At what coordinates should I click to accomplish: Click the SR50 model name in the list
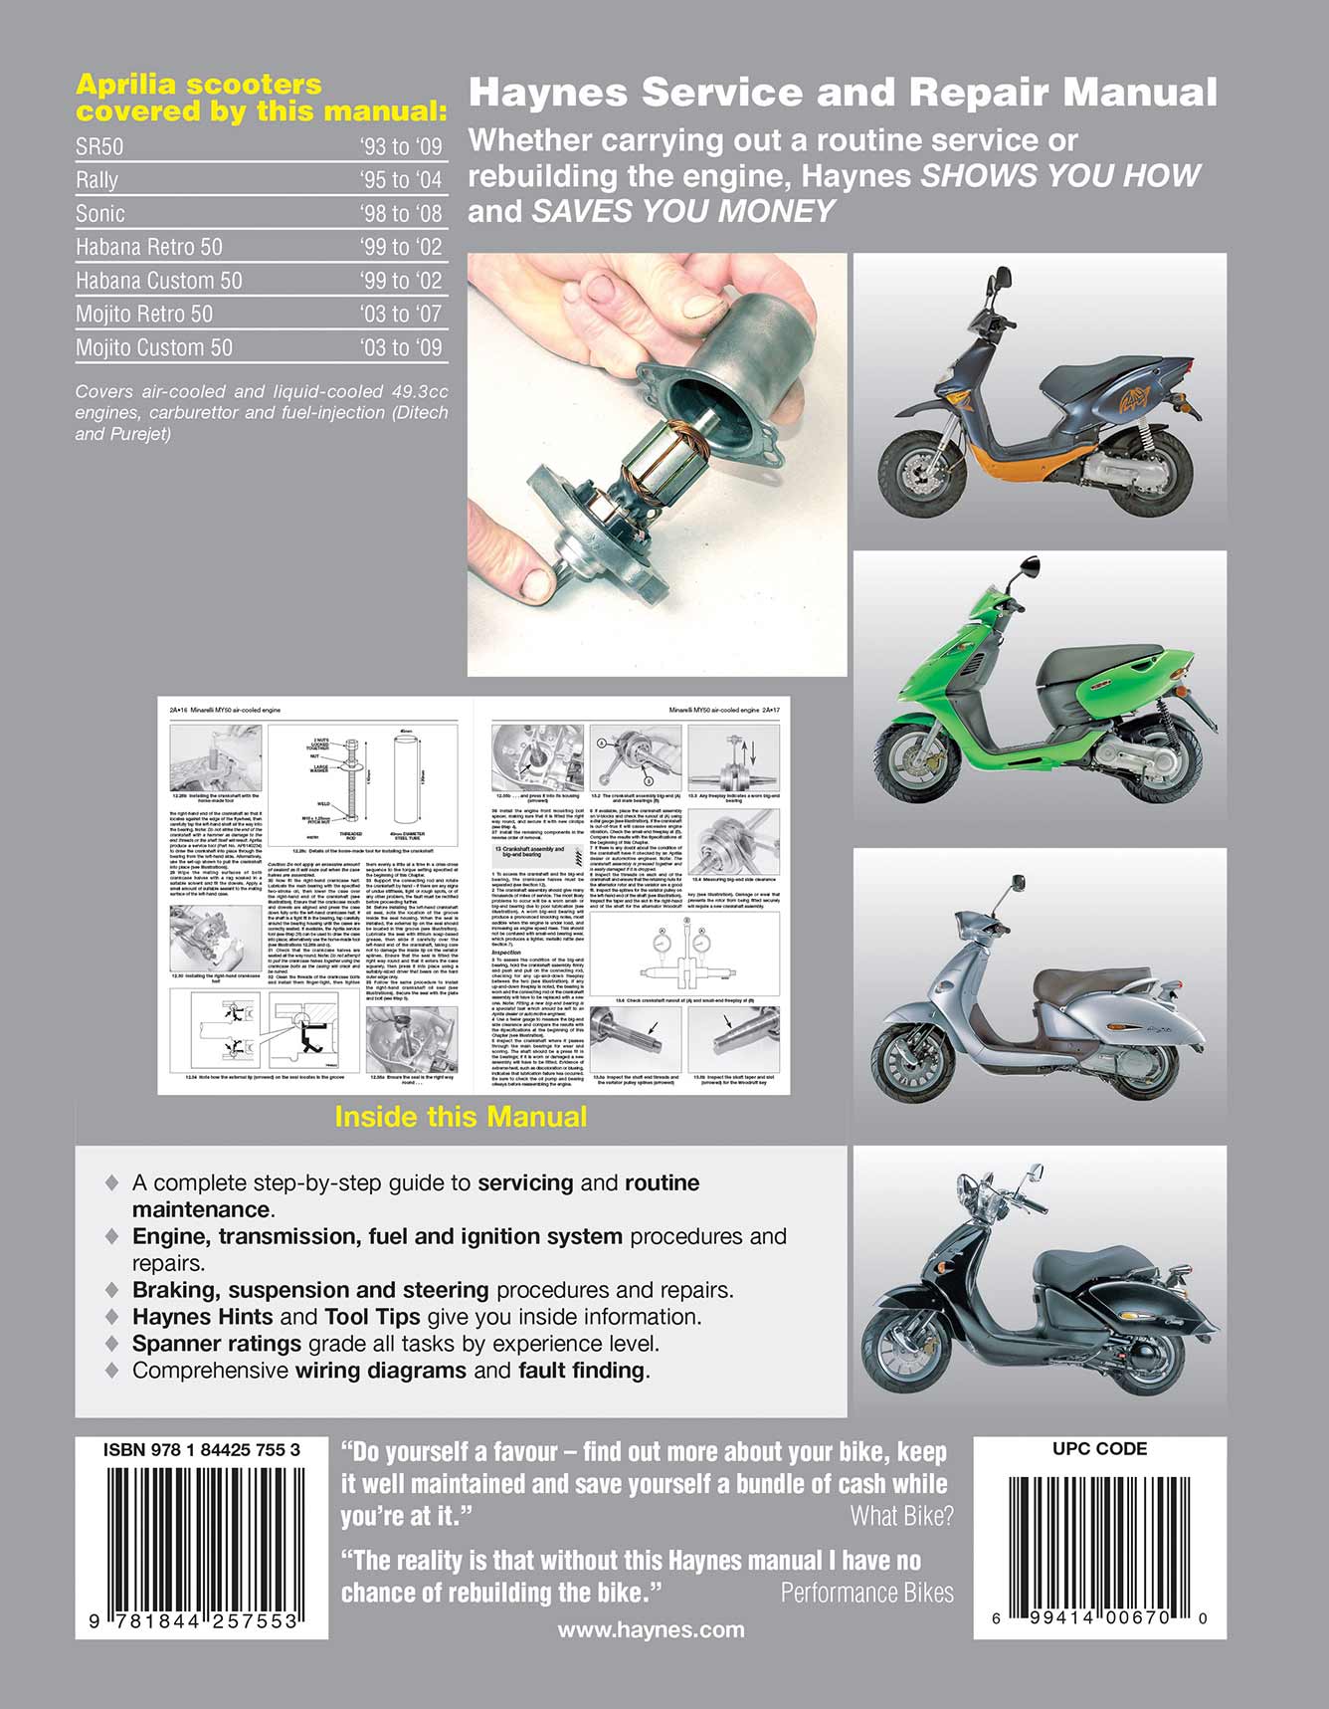coord(99,147)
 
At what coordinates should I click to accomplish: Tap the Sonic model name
coord(100,214)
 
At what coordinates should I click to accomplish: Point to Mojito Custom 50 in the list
coord(154,347)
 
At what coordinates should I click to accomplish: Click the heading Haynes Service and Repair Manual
coord(843,93)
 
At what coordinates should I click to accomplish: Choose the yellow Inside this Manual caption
coord(461,1117)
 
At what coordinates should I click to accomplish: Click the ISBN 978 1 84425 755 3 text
coord(202,1450)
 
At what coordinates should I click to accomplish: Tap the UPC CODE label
coord(1099,1449)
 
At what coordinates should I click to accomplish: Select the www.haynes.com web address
coord(651,1629)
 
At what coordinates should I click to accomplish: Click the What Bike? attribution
coord(901,1516)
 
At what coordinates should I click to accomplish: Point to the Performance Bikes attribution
coord(866,1593)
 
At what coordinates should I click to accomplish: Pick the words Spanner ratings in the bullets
coord(217,1344)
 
